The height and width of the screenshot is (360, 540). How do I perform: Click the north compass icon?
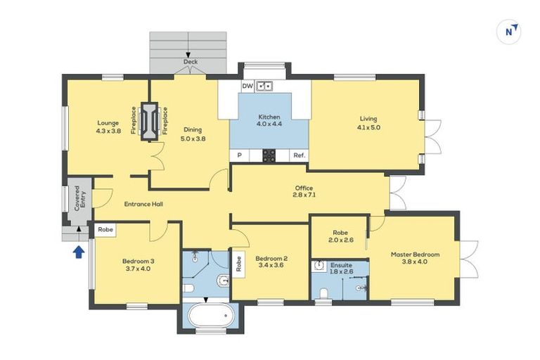(511, 30)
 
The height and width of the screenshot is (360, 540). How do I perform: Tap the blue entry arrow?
(79, 250)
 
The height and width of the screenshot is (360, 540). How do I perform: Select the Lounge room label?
(108, 127)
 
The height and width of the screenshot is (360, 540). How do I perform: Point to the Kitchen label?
(269, 121)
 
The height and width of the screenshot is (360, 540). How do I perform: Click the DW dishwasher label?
(247, 86)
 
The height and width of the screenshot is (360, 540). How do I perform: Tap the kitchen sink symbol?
(265, 86)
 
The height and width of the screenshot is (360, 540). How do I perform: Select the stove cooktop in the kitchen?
(269, 156)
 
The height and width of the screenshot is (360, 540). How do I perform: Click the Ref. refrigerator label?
(299, 155)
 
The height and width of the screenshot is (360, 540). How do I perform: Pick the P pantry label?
(239, 155)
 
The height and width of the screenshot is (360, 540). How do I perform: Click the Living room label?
(369, 122)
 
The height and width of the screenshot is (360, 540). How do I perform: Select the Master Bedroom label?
(416, 257)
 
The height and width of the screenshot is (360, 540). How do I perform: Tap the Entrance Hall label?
(143, 204)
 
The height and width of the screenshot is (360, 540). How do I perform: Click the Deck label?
(191, 62)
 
